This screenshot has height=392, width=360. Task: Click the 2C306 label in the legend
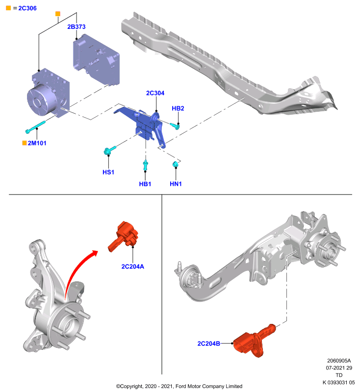coord(27,8)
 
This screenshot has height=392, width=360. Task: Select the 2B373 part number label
coord(77,27)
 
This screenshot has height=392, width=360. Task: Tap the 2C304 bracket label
coord(155,93)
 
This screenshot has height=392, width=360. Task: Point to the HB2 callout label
coord(178,108)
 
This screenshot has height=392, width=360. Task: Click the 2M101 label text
coord(37,143)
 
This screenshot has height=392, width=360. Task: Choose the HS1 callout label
coord(108,172)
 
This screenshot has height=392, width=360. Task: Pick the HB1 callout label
coord(145,184)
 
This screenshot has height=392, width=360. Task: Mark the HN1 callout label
coord(176,184)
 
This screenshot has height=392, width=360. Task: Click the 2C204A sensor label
coord(132,267)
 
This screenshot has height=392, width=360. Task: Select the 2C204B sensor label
coord(208,343)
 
